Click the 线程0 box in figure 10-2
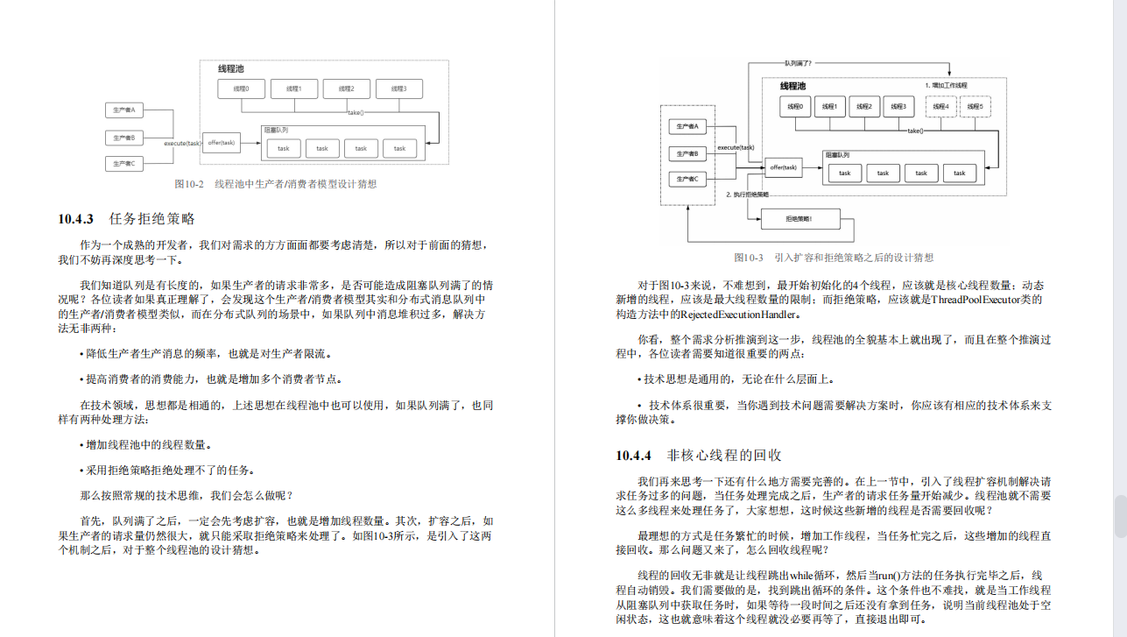pyautogui.click(x=242, y=88)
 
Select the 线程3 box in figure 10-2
pyautogui.click(x=398, y=88)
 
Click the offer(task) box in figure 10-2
pyautogui.click(x=222, y=142)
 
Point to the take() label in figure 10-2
pyautogui.click(x=356, y=112)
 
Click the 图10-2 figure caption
pyautogui.click(x=275, y=184)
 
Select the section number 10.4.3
pyautogui.click(x=76, y=219)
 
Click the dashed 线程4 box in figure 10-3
pyautogui.click(x=940, y=107)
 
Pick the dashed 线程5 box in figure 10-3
pyautogui.click(x=976, y=107)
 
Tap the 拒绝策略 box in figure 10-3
pyautogui.click(x=799, y=219)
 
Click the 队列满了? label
pyautogui.click(x=798, y=63)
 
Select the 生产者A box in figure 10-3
pyautogui.click(x=687, y=127)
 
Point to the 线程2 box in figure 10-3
pyautogui.click(x=863, y=107)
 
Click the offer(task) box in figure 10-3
pyautogui.click(x=784, y=167)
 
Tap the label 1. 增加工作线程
pyautogui.click(x=947, y=85)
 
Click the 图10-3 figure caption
pyautogui.click(x=834, y=258)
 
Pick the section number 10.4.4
pyautogui.click(x=634, y=456)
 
